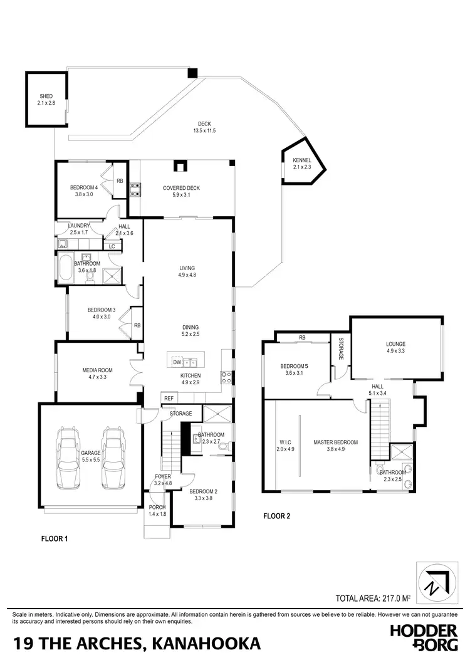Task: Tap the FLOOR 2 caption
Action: (x=276, y=517)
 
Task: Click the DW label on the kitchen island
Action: (x=177, y=362)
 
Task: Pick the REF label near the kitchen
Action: (x=168, y=399)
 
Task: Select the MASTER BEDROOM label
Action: (x=335, y=442)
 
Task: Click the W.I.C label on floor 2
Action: (x=285, y=442)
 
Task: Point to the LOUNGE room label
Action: (x=395, y=344)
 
